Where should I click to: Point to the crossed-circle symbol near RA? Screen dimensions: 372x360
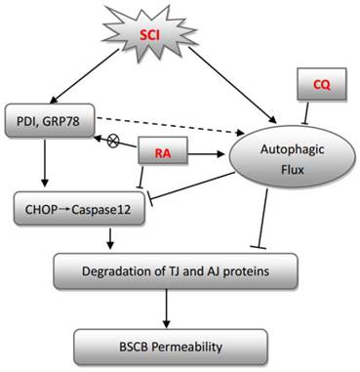(112, 142)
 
